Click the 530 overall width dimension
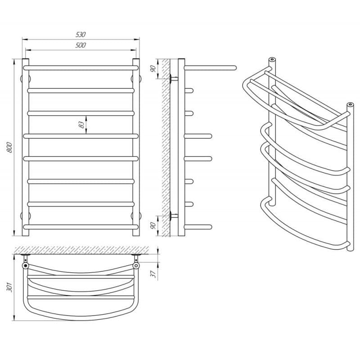click(x=81, y=35)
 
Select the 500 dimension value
click(x=81, y=45)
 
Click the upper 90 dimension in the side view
click(x=153, y=69)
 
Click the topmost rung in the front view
click(x=81, y=67)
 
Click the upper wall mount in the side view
click(x=173, y=79)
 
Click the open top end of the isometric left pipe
click(x=271, y=59)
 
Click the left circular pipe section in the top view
click(x=26, y=266)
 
